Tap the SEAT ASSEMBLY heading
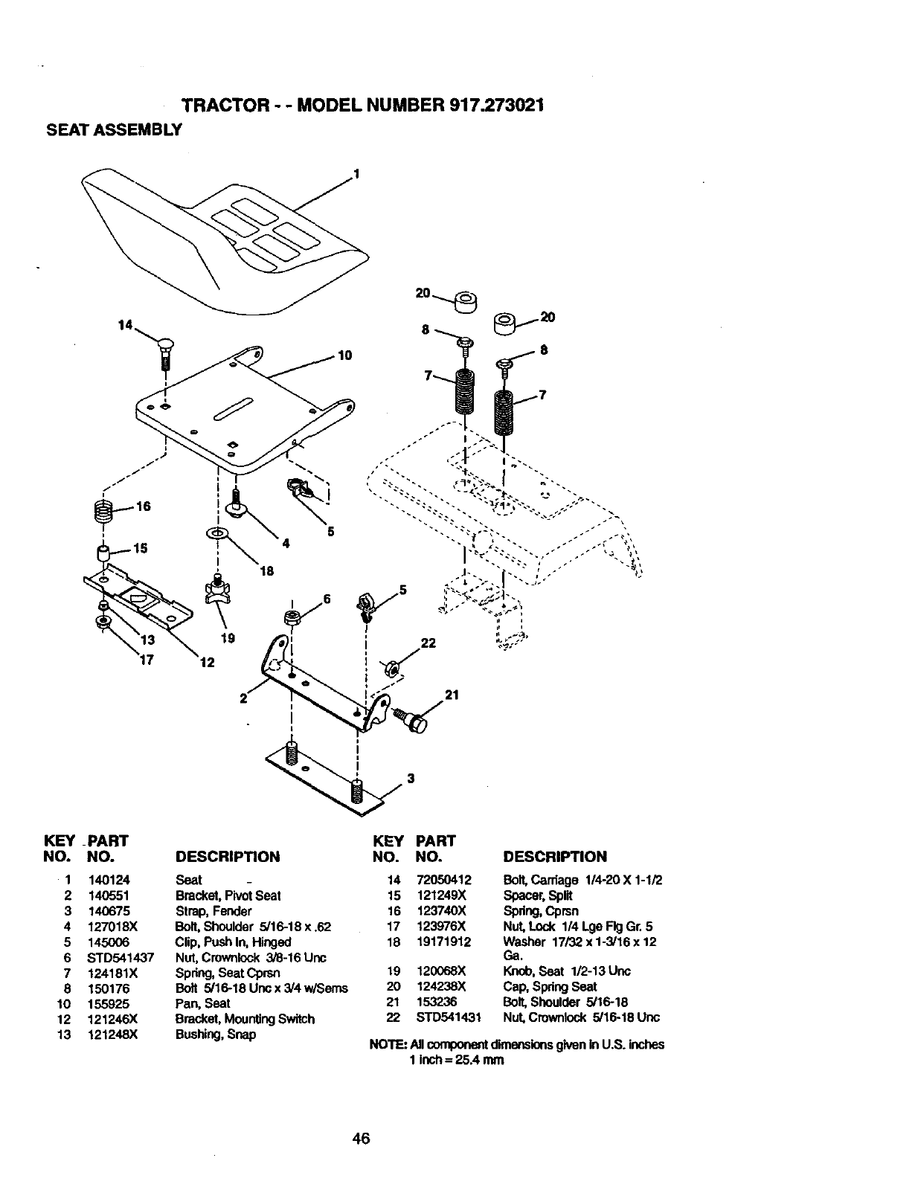coord(115,129)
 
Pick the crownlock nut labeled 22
coord(390,667)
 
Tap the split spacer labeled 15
coord(103,553)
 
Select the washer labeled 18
coord(216,533)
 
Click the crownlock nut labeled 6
coord(292,617)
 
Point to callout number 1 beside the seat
coord(356,174)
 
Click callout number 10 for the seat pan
coord(344,355)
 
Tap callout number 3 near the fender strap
coord(410,779)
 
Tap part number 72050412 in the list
coord(444,880)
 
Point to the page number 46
coord(362,1139)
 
